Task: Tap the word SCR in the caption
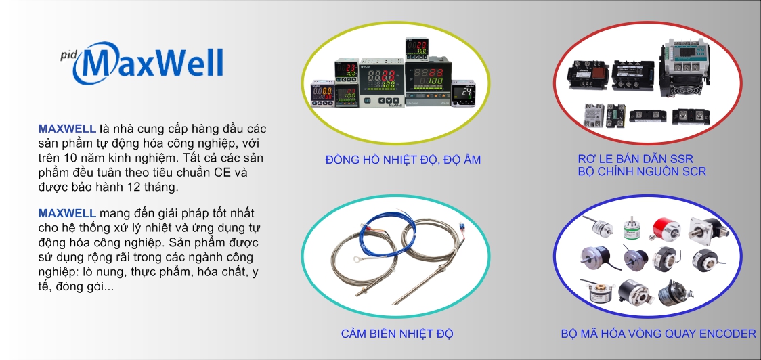[x=693, y=171]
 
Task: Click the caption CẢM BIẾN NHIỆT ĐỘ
[x=397, y=334]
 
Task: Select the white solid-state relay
[x=593, y=116]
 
